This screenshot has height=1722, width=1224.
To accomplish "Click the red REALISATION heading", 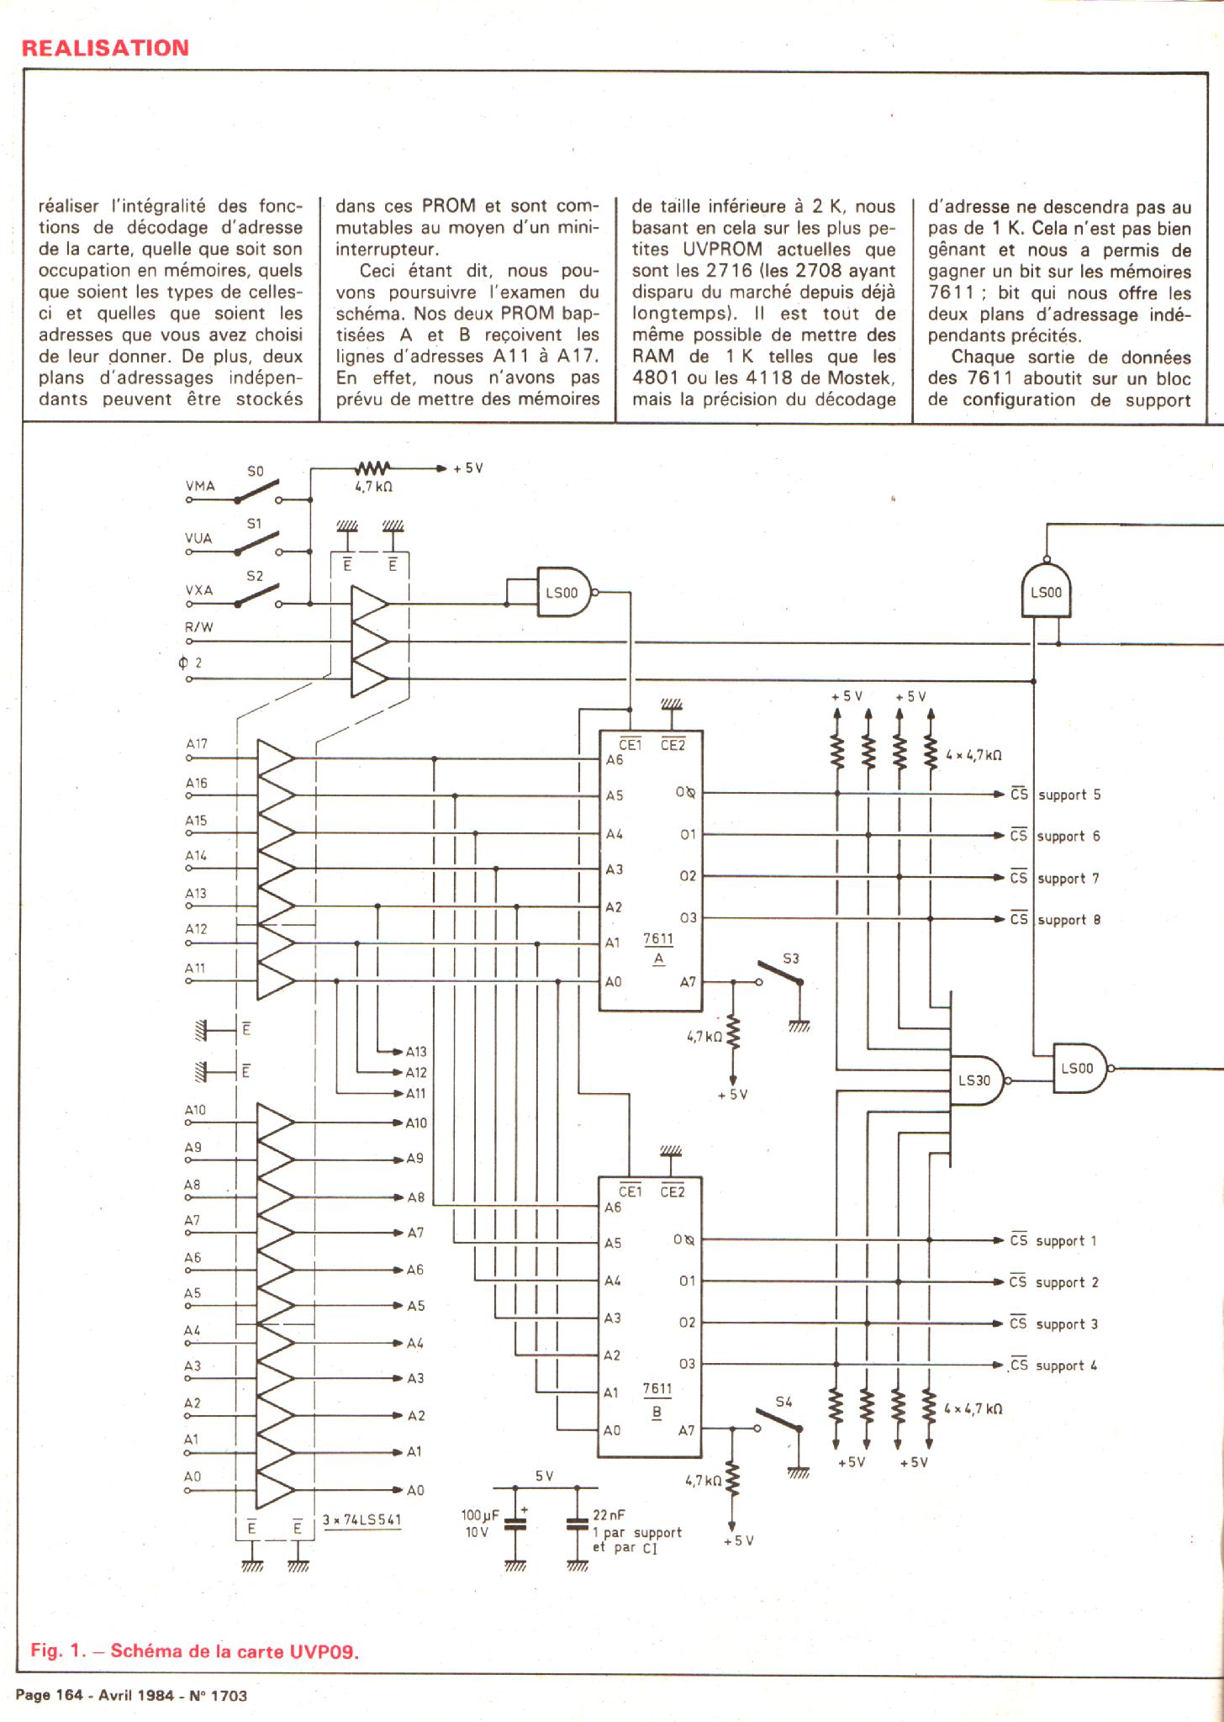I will point(105,48).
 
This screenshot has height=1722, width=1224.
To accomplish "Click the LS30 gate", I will point(976,1080).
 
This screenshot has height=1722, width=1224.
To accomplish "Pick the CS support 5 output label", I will point(1056,795).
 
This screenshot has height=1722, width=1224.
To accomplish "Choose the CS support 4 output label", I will point(1054,1365).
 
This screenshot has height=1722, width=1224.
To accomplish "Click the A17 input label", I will point(197,744).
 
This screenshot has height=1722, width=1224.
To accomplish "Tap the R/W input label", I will point(199,627).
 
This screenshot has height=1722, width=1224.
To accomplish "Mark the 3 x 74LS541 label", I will point(362,1520).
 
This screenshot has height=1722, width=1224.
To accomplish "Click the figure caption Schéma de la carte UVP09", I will point(195,1650).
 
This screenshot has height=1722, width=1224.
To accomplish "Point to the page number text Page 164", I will point(49,1695).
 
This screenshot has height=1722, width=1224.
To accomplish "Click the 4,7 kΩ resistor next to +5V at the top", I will point(374,468).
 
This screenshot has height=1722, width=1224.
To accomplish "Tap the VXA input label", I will point(199,590).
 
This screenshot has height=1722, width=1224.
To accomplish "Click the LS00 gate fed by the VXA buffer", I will point(563,592).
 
